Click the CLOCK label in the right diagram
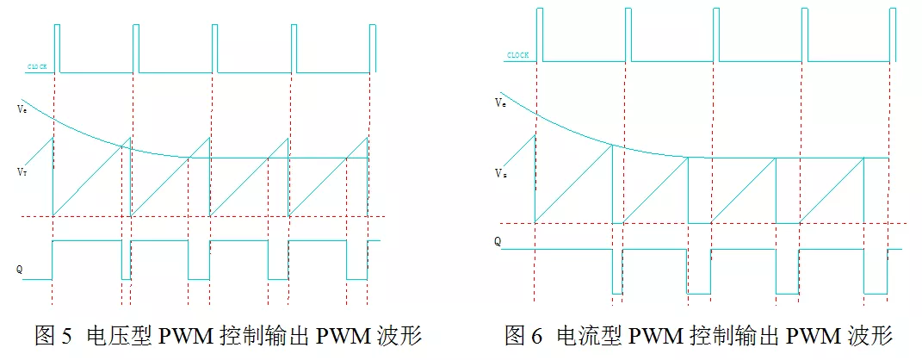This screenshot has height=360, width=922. pos(517,55)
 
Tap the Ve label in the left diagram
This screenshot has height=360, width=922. pos(21,109)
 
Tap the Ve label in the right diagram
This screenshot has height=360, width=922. pos(500,102)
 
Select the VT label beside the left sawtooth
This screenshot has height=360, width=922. pos(21,172)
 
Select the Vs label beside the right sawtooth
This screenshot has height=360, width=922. pos(500,173)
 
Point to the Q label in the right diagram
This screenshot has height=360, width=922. pos(498,242)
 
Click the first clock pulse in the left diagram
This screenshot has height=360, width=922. pos(57,47)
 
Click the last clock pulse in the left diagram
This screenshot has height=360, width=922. pos(373,47)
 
